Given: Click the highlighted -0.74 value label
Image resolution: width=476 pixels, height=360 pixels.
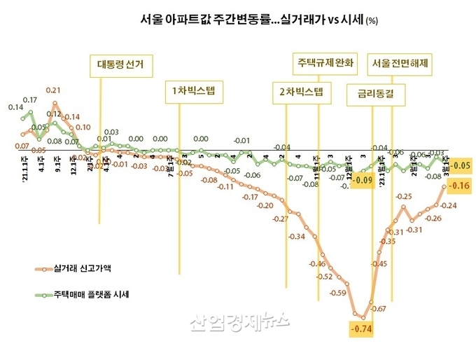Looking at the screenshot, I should coord(361,328).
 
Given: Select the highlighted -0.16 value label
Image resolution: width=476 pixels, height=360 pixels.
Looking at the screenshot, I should coord(458,186).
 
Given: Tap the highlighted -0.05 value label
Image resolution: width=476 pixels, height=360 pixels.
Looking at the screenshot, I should coord(459,166).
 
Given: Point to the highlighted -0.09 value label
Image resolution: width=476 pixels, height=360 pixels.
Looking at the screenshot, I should coord(362,180).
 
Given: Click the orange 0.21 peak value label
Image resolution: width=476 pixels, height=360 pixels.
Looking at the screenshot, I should coord(53,90).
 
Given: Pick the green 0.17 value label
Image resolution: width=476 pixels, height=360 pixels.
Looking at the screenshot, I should coord(29,100).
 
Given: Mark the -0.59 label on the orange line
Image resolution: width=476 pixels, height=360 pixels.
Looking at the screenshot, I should coord(338,292).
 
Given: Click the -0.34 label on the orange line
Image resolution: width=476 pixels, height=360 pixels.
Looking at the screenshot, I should coord(296,237).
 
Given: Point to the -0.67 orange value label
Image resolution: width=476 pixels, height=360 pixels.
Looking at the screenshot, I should coord(379,309).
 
